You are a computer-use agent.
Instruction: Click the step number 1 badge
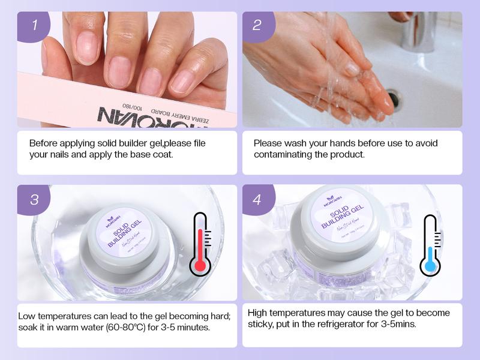(x=35, y=26)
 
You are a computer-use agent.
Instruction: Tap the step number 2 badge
(x=257, y=26)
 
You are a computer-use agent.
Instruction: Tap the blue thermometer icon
(x=430, y=246)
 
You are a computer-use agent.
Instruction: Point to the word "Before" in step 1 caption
(x=44, y=143)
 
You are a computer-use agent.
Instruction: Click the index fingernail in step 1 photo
(x=88, y=48)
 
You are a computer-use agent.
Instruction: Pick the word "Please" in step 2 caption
(x=268, y=143)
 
